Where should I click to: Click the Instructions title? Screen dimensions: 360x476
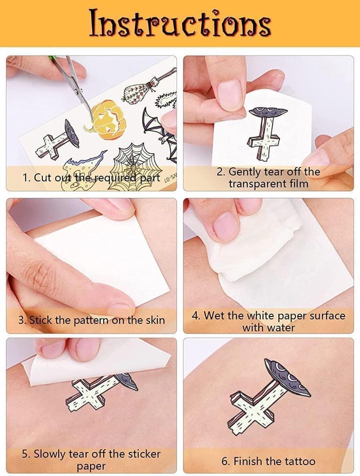point(180,23)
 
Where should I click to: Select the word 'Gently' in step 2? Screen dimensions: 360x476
point(245,172)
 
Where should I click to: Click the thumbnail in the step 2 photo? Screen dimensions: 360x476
point(230,95)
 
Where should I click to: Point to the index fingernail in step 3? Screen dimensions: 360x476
point(120,309)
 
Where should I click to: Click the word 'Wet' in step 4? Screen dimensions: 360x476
point(214,316)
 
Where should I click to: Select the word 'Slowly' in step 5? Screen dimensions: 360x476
point(50,454)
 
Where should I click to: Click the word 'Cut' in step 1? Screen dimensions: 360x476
point(43,177)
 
